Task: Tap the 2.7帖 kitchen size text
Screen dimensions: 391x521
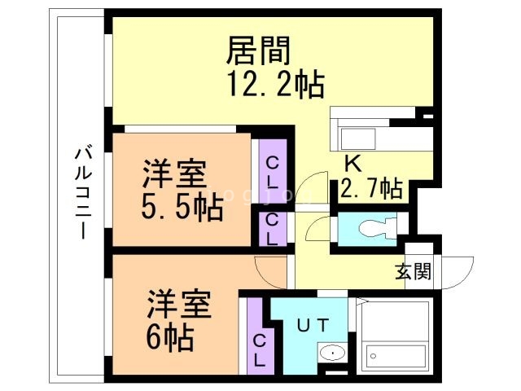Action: pos(371,189)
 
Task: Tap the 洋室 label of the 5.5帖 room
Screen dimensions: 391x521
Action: pos(175,174)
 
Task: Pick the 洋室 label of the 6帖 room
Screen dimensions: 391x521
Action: pos(179,303)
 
